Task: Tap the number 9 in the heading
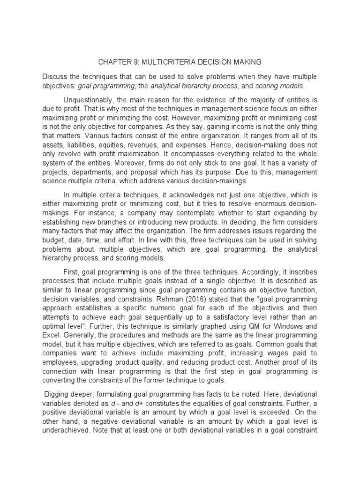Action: click(x=139, y=62)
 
